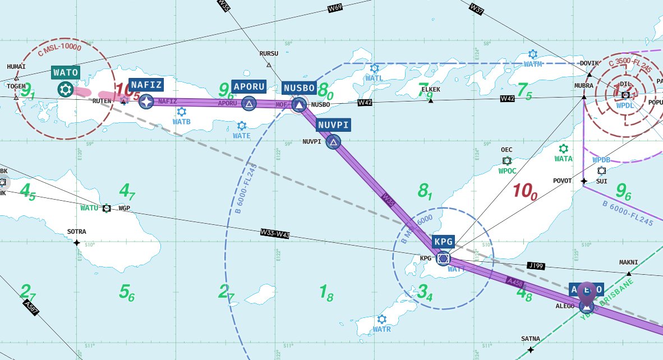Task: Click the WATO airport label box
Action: tap(66, 72)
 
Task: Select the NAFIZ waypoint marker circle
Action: tap(146, 101)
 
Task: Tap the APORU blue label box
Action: tap(248, 87)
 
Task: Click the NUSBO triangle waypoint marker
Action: tap(300, 104)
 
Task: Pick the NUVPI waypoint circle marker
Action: tap(333, 141)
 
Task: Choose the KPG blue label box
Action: tap(443, 242)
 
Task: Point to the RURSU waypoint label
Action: tap(269, 54)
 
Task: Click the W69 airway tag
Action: tap(335, 8)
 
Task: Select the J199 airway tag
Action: tap(536, 265)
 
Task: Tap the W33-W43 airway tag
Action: tap(275, 233)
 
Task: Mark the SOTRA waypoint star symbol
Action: tap(77, 242)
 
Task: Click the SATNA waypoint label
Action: tap(530, 339)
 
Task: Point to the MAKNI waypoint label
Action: tap(628, 262)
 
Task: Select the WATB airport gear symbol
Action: tap(181, 112)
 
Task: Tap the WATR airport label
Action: tap(381, 329)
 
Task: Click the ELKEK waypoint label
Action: tap(430, 90)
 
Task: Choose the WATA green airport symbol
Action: tap(564, 149)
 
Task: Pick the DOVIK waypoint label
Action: tap(590, 63)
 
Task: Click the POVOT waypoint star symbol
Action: tap(584, 181)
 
